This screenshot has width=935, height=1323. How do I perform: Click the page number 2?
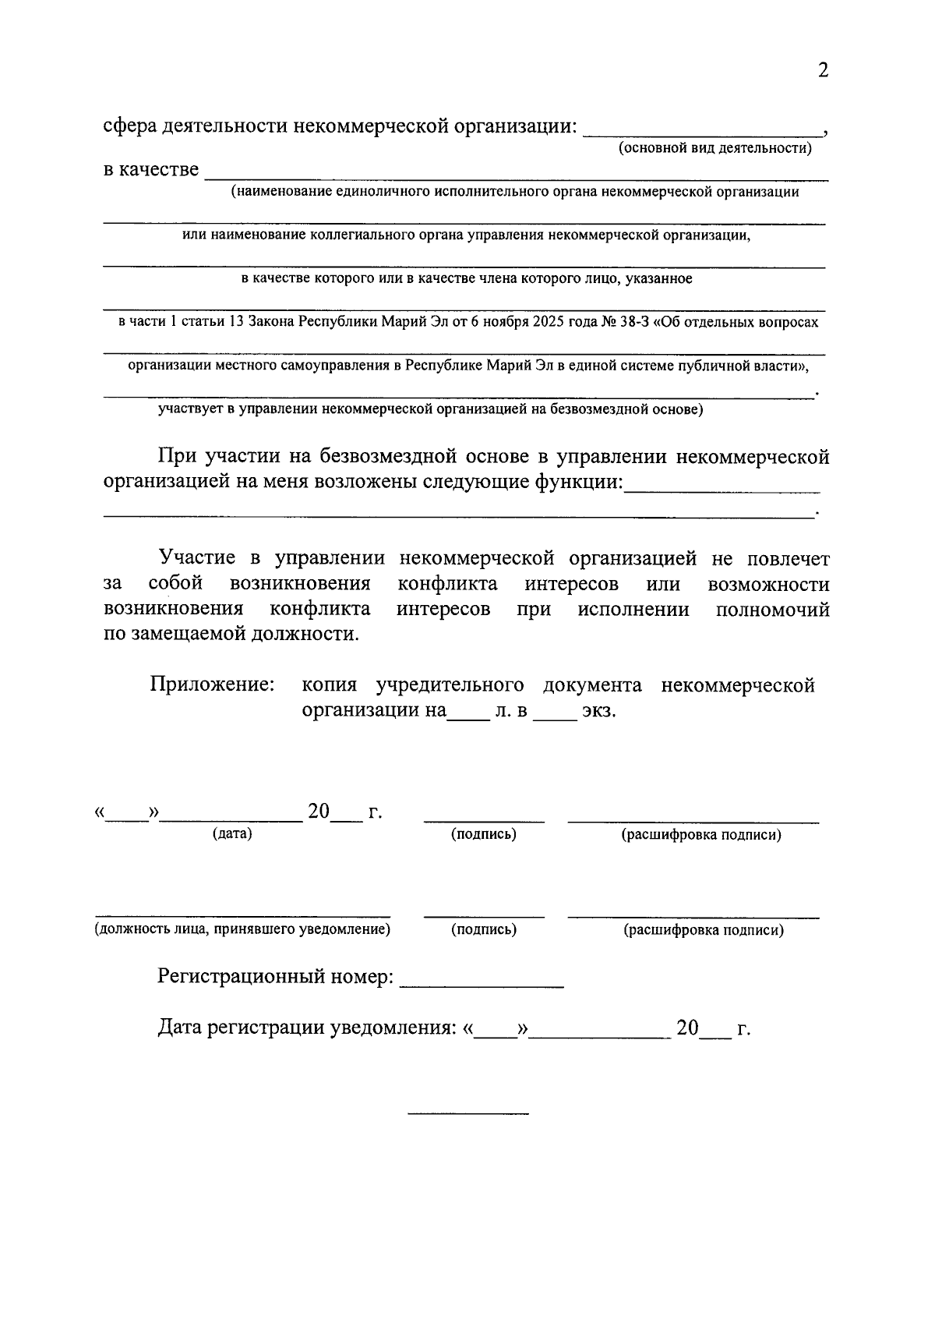pyautogui.click(x=823, y=71)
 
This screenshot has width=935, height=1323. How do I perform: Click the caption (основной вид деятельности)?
pyautogui.click(x=714, y=147)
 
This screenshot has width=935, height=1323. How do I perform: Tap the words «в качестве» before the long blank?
pyautogui.click(x=151, y=169)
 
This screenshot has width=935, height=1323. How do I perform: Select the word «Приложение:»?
pyautogui.click(x=213, y=684)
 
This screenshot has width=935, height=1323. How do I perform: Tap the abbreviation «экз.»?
pyautogui.click(x=599, y=710)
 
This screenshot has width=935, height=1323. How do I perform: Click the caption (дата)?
pyautogui.click(x=232, y=833)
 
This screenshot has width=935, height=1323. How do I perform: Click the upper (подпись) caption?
pyautogui.click(x=484, y=834)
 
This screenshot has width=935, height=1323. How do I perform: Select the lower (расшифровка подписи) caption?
pyautogui.click(x=704, y=930)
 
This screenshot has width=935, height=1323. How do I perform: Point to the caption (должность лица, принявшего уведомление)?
pyautogui.click(x=242, y=929)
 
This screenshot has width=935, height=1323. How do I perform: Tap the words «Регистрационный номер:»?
pyautogui.click(x=276, y=976)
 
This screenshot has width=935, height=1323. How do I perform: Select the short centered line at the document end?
pyautogui.click(x=469, y=1112)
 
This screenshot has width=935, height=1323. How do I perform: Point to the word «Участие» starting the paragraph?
pyautogui.click(x=197, y=557)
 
